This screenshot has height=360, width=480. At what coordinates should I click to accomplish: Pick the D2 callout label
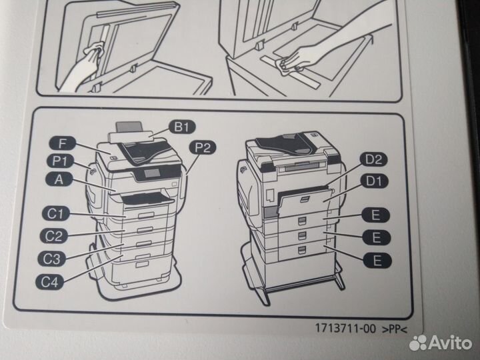click(374, 159)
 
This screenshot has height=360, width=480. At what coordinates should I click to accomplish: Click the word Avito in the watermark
click(450, 343)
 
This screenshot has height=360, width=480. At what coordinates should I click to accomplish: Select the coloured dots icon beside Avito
click(418, 343)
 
